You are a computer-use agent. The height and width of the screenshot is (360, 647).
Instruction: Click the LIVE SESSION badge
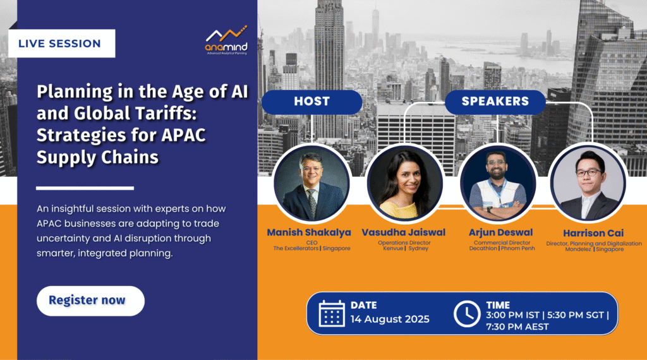pos(61,44)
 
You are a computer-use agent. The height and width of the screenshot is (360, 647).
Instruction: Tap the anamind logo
pos(227,40)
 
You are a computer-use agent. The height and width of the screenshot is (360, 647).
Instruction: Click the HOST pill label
pos(311,102)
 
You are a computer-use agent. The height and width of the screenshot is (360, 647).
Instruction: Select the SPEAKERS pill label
pos(495,102)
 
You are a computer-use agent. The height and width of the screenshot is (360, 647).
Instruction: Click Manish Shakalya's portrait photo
pos(311,183)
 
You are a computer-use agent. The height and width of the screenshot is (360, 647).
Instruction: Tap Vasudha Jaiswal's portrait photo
pos(405,183)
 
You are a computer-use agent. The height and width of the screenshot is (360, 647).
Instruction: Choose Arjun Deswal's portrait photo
pos(498,183)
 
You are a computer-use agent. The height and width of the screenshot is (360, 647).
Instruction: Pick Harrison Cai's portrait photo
pos(588,183)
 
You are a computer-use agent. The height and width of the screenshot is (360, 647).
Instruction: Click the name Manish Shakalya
pos(309,232)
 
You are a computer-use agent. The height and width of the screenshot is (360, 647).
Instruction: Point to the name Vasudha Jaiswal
pos(404,232)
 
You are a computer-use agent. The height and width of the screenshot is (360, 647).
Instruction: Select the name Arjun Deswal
pos(500,232)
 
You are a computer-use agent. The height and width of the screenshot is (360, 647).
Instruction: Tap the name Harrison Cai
pos(593,234)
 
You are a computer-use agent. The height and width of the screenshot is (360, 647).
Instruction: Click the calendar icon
pos(332,313)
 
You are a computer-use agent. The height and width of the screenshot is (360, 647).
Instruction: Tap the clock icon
pos(467,314)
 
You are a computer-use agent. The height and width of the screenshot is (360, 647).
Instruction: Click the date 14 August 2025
pos(390,319)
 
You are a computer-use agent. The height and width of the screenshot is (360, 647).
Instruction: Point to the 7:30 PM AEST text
pos(517,327)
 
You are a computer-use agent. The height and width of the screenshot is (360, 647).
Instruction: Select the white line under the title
pos(85,188)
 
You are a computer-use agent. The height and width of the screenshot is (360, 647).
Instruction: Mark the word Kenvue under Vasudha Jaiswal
pos(393,248)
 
